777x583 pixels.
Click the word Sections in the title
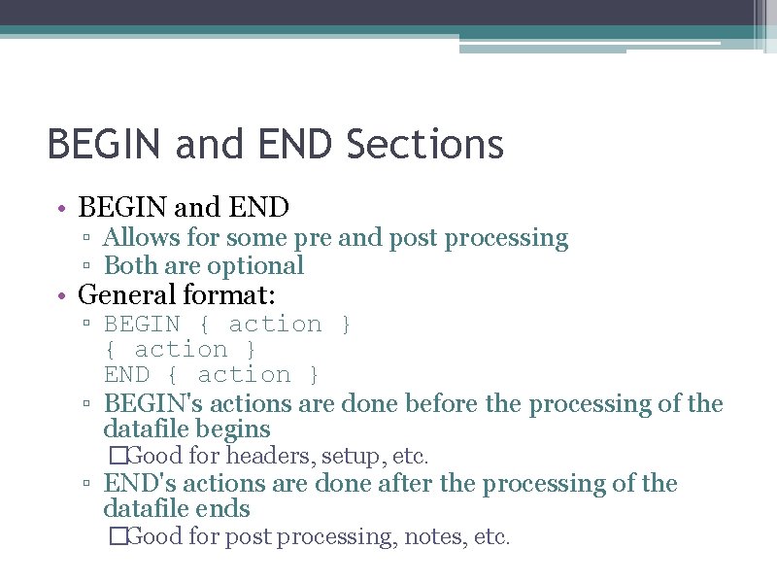point(424,145)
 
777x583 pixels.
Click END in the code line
point(126,375)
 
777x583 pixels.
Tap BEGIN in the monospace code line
point(142,325)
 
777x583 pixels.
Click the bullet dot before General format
point(60,295)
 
